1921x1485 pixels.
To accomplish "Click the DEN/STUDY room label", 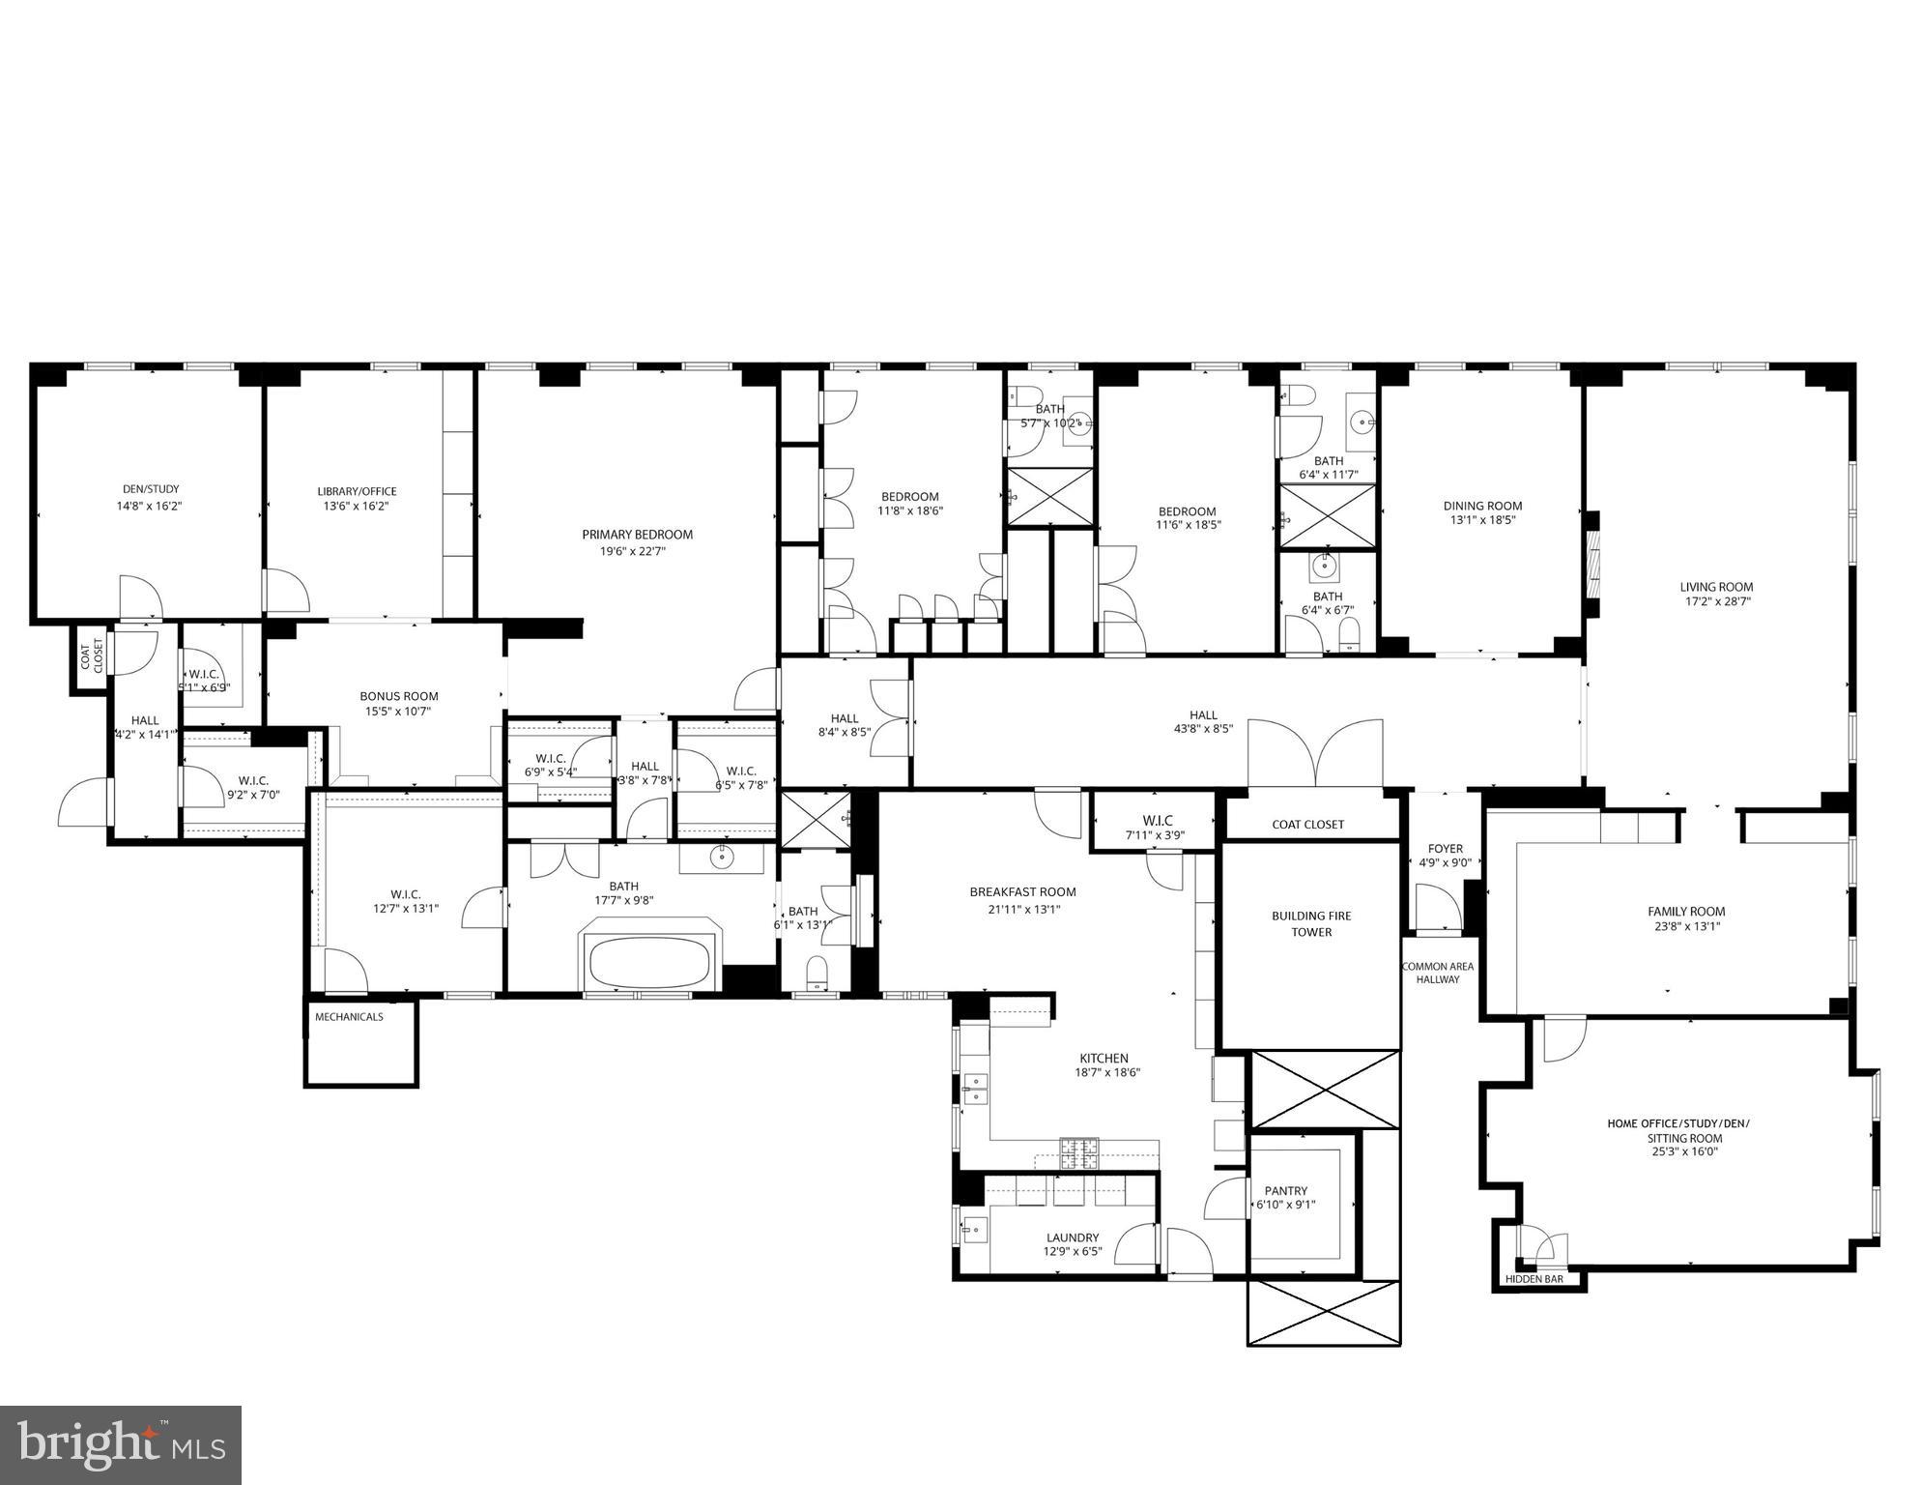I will [x=150, y=489].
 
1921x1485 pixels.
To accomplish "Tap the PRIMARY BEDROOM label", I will [x=637, y=535].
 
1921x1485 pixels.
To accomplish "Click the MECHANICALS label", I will [x=349, y=1017].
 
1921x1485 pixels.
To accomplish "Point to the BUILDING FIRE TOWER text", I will [x=1311, y=923].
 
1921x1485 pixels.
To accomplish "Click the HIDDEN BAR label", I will [x=1534, y=1279].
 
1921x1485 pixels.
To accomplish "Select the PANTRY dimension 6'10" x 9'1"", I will [x=1285, y=1205].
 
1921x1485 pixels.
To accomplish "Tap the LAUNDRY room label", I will [x=1073, y=1237].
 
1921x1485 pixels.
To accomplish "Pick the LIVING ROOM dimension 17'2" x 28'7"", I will [x=1716, y=601].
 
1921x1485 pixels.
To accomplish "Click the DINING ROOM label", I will [x=1482, y=506].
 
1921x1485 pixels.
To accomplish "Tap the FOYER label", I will [x=1445, y=849].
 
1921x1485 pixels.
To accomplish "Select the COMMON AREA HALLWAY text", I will [x=1438, y=973].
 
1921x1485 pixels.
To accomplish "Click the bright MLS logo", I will [x=121, y=1445].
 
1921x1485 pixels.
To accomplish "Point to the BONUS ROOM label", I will [x=399, y=696].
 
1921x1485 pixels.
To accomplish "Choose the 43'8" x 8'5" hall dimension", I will [x=1203, y=729].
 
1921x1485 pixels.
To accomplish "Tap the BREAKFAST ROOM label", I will [x=1022, y=892].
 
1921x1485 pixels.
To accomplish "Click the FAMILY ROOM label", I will [x=1686, y=911].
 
